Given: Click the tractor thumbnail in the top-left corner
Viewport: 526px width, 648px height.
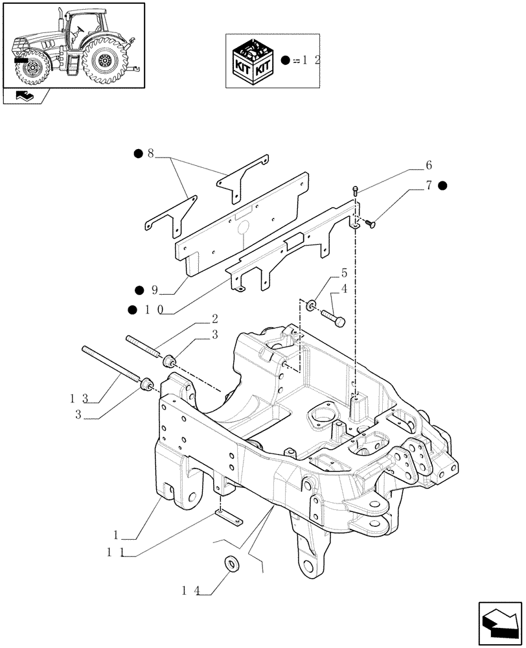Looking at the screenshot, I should pyautogui.click(x=73, y=45).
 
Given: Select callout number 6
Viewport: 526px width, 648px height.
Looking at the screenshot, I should pyautogui.click(x=428, y=165).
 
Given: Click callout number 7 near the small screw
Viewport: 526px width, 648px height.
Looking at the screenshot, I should pyautogui.click(x=428, y=186).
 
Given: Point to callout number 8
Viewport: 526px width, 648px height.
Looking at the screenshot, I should pyautogui.click(x=150, y=154).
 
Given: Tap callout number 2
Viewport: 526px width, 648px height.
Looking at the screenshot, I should pyautogui.click(x=214, y=319).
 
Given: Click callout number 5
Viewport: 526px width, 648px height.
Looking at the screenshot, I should pyautogui.click(x=344, y=273).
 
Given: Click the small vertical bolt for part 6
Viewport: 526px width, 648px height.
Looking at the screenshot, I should pyautogui.click(x=356, y=190).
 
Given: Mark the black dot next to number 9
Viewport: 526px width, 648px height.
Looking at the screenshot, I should pyautogui.click(x=139, y=290).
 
